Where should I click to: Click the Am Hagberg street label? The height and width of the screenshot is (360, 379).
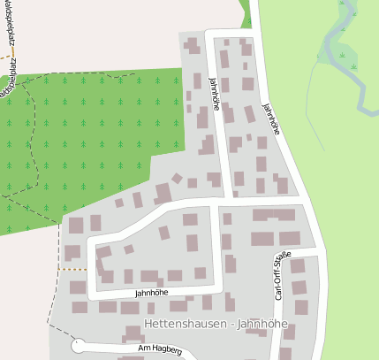[x=159, y=350]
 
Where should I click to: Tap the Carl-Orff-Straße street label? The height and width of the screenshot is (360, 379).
[x=280, y=275]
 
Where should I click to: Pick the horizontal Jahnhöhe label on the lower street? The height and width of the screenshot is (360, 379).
[x=151, y=292]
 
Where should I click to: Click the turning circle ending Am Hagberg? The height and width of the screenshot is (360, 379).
[x=78, y=346]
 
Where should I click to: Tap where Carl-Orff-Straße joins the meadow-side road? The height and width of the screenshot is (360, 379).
[x=317, y=253]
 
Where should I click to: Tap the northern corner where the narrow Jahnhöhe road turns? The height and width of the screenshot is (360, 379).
[x=211, y=34]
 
